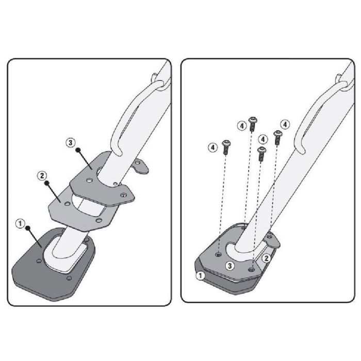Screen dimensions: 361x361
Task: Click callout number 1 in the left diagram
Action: click(x=20, y=223)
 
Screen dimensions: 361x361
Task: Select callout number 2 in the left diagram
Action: click(x=42, y=176)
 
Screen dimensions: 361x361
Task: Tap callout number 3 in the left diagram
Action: click(x=71, y=142)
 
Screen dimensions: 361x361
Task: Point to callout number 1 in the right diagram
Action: click(x=201, y=275)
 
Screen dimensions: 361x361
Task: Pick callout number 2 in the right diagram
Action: click(x=267, y=258)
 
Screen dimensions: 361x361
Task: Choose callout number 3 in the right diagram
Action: click(x=229, y=266)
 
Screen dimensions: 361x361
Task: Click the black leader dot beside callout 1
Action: click(x=28, y=228)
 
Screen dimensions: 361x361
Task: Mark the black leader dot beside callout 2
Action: click(x=47, y=183)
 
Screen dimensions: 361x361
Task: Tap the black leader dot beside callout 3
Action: click(x=78, y=150)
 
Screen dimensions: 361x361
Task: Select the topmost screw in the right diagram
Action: click(x=253, y=124)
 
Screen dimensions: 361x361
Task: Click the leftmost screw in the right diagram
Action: click(x=226, y=147)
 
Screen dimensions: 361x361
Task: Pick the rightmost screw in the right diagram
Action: click(x=277, y=138)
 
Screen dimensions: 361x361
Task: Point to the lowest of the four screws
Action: click(x=262, y=154)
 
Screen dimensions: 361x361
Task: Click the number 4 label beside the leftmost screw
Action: click(x=212, y=147)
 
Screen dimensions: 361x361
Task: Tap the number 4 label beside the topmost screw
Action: click(x=242, y=126)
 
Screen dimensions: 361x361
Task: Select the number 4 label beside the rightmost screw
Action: click(x=285, y=125)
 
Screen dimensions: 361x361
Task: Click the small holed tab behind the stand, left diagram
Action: click(x=140, y=166)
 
